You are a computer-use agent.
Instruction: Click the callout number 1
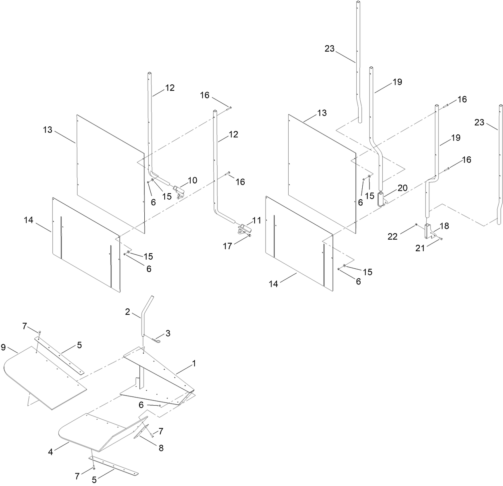click(x=194, y=363)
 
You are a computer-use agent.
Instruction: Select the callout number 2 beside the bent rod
click(x=128, y=312)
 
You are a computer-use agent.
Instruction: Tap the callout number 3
click(x=168, y=333)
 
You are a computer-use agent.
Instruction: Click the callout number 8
click(x=161, y=448)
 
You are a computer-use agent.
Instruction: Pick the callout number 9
click(x=4, y=347)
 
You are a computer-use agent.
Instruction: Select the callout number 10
click(x=192, y=180)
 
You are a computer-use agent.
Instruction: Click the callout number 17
click(x=227, y=246)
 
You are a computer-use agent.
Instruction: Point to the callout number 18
click(x=445, y=226)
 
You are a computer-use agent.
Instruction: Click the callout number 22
click(x=393, y=236)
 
